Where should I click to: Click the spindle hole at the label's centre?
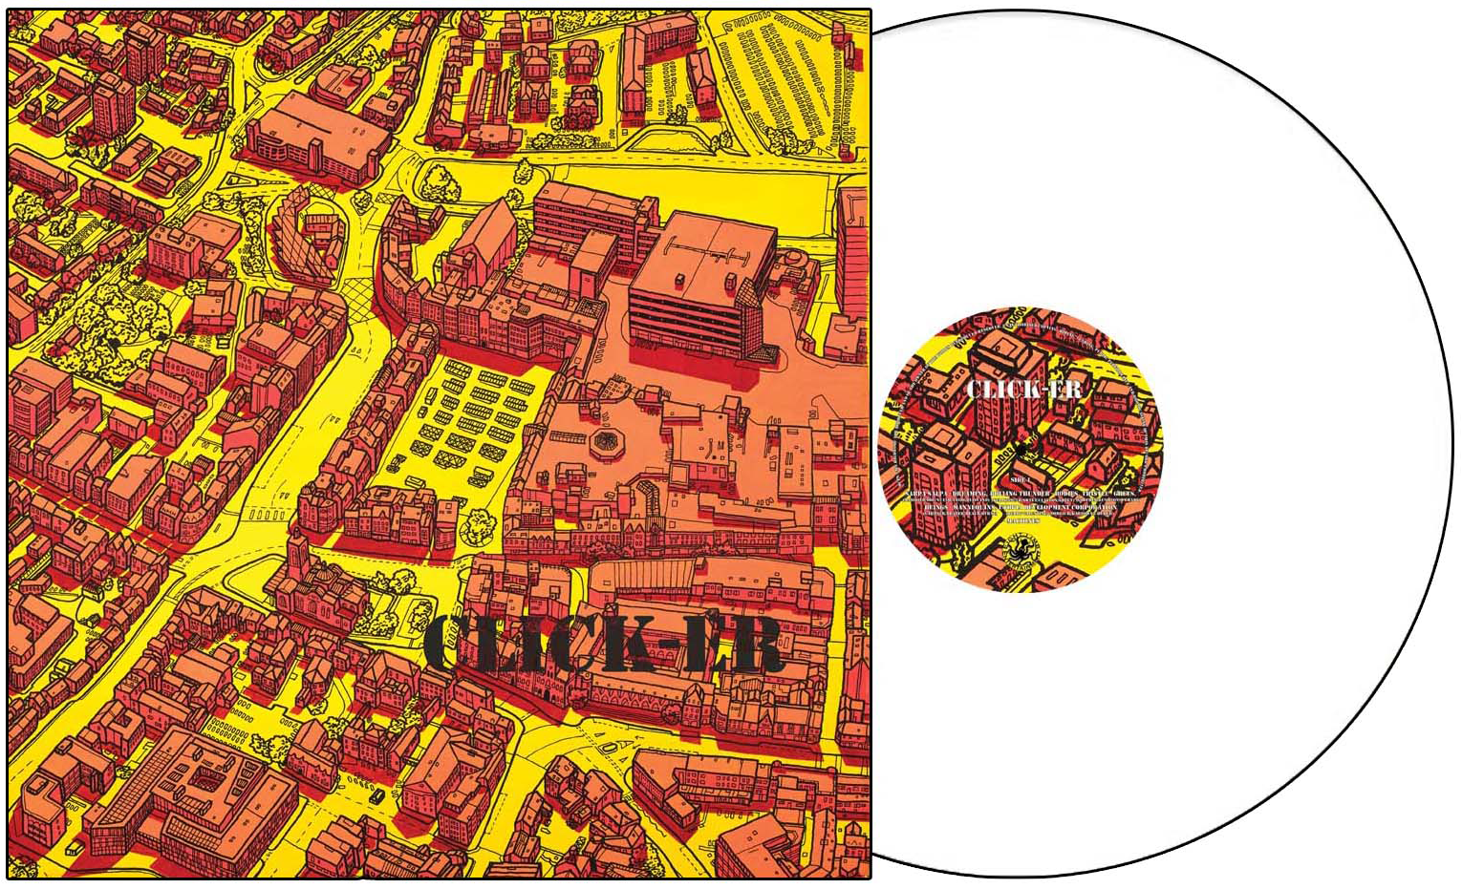pos(1021,448)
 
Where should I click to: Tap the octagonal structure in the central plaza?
pos(603,440)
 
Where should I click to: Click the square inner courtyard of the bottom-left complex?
pos(200,778)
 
